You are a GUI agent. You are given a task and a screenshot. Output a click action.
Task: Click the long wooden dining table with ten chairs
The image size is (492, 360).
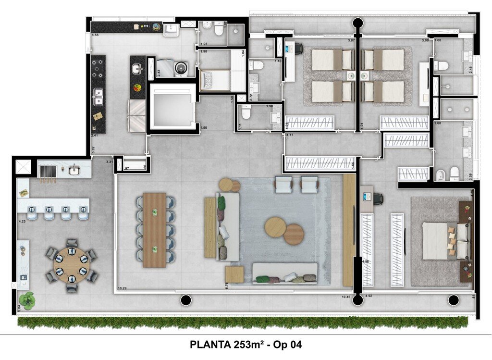click(x=154, y=230)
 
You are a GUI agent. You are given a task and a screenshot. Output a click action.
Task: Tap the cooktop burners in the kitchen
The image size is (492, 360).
click(x=98, y=69)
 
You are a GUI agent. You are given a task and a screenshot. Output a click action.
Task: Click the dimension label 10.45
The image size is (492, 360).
click(x=346, y=297)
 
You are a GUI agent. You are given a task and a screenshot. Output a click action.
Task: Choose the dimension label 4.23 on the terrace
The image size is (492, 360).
click(x=22, y=222)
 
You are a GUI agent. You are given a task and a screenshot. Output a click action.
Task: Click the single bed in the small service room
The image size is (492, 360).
click(x=215, y=80)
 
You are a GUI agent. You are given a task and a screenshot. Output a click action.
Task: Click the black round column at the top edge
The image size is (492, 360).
click(x=357, y=22)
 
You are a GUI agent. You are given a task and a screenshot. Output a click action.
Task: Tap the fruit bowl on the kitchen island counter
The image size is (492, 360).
click(x=138, y=87)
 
